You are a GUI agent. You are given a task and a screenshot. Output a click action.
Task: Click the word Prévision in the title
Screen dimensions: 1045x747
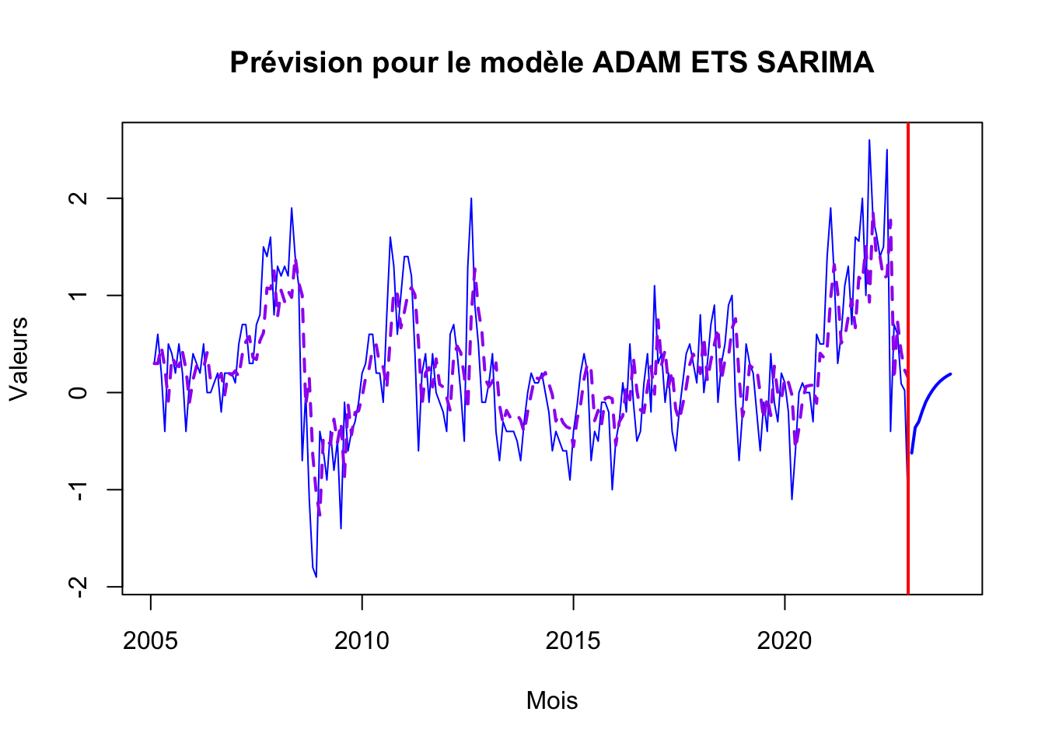tap(296, 62)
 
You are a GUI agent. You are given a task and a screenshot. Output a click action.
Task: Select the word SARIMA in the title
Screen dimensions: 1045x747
tap(815, 62)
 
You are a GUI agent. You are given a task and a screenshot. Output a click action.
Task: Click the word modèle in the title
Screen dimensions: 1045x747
tap(532, 62)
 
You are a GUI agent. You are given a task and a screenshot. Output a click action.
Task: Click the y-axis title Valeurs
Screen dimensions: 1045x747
tap(19, 359)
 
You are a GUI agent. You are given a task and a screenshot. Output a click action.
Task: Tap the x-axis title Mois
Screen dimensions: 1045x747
tap(552, 700)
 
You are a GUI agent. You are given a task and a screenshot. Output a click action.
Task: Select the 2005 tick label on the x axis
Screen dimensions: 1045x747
tap(150, 640)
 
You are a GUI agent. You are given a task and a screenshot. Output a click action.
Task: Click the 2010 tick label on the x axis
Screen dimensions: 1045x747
tap(362, 640)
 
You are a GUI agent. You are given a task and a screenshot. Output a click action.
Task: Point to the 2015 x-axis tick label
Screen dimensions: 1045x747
tap(573, 640)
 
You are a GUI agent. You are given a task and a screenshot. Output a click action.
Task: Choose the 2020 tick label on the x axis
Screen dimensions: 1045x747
tap(785, 640)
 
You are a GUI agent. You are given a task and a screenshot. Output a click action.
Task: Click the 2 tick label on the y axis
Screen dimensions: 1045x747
tap(78, 198)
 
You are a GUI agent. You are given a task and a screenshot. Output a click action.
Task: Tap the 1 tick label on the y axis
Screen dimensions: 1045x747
tap(78, 296)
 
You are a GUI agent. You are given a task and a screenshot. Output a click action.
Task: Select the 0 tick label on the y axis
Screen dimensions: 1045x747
tap(78, 392)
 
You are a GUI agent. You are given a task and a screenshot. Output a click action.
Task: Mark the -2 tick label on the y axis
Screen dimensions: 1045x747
tap(78, 587)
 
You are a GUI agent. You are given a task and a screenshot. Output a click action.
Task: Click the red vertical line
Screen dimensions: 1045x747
tap(908, 358)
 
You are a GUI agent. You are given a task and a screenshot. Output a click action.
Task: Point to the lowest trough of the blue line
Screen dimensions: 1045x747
tap(316, 577)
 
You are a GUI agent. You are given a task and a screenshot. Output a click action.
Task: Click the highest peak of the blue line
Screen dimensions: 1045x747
tap(869, 140)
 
